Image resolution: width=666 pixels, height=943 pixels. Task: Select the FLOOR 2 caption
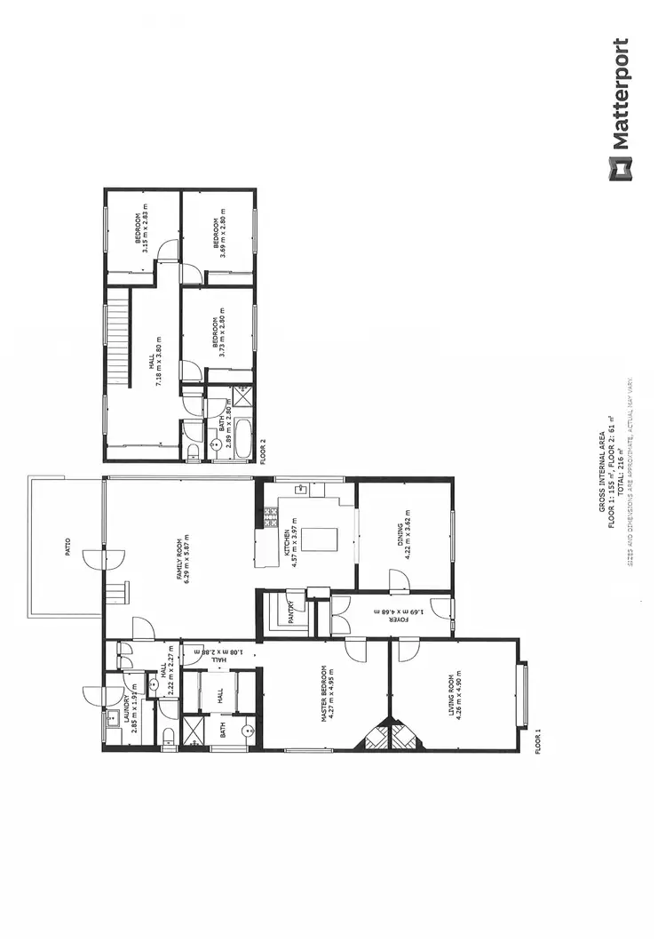263,452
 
